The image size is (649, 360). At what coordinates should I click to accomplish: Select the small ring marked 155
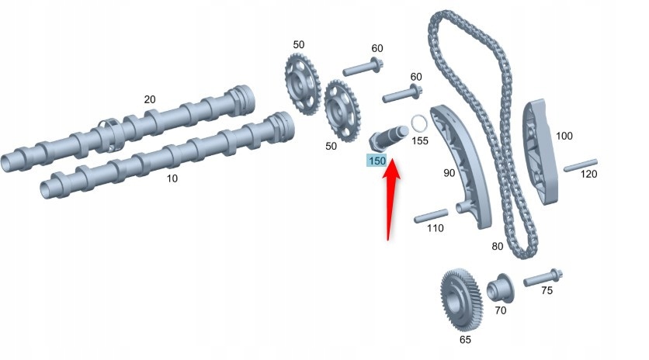pyautogui.click(x=418, y=123)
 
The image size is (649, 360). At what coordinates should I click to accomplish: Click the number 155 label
pyautogui.click(x=420, y=141)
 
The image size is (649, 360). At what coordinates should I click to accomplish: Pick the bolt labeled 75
pyautogui.click(x=544, y=277)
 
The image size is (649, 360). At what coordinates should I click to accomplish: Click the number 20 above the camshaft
pyautogui.click(x=150, y=99)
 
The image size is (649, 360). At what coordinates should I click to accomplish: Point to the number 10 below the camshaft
pyautogui.click(x=172, y=178)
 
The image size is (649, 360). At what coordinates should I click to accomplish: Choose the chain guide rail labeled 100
pyautogui.click(x=540, y=152)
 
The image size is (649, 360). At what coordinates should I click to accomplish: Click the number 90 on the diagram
pyautogui.click(x=449, y=173)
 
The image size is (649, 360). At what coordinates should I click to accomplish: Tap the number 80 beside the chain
pyautogui.click(x=497, y=247)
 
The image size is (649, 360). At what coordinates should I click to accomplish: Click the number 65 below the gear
pyautogui.click(x=464, y=339)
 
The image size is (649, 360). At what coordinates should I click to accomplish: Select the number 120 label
pyautogui.click(x=589, y=174)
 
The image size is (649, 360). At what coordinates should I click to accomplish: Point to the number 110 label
pyautogui.click(x=435, y=228)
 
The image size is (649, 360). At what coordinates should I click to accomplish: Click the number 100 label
pyautogui.click(x=564, y=137)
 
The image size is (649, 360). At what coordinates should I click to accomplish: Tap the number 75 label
pyautogui.click(x=547, y=291)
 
